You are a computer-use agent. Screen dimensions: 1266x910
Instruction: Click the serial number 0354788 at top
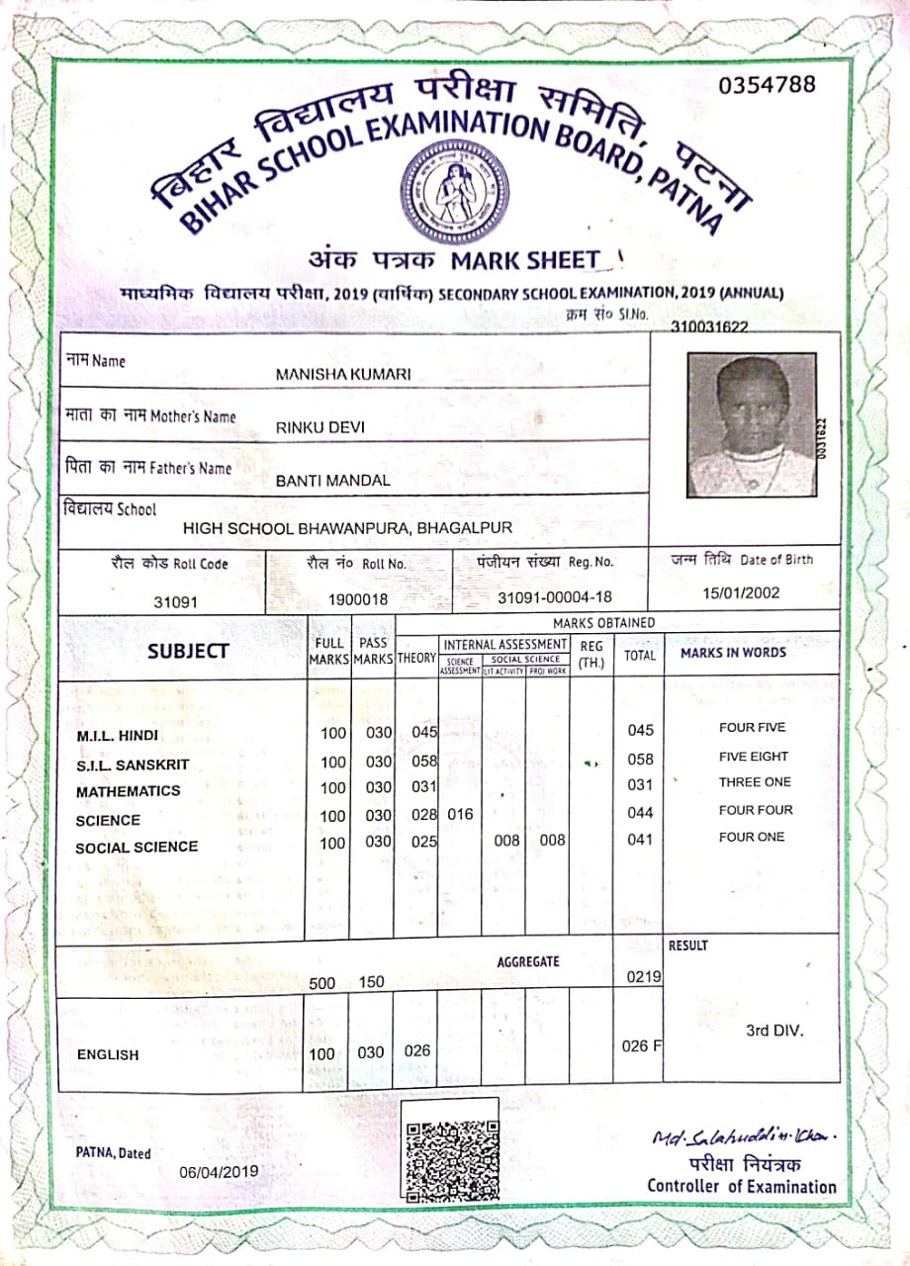(768, 85)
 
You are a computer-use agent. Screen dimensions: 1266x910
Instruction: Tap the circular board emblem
(452, 190)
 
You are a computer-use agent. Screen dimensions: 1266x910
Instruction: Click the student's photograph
(752, 424)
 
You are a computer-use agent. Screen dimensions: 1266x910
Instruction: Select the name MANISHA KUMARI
(343, 374)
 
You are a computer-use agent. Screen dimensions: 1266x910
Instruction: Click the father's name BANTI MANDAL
(333, 481)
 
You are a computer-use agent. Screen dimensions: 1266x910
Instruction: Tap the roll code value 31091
(177, 600)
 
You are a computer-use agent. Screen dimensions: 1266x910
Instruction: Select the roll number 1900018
(358, 599)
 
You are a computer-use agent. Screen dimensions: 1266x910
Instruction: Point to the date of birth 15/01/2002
(742, 593)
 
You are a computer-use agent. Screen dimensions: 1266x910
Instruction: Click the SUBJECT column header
(188, 651)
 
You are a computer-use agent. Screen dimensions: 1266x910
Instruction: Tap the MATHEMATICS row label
(129, 791)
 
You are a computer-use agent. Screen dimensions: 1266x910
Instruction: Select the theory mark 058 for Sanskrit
(424, 760)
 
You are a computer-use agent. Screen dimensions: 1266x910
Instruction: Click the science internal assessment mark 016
(460, 815)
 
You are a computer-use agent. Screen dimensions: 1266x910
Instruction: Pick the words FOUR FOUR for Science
(756, 810)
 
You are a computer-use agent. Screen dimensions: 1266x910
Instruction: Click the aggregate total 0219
(643, 977)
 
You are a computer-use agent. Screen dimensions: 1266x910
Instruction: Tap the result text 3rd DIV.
(774, 1031)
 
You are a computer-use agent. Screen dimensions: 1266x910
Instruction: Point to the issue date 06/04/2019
(219, 1171)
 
